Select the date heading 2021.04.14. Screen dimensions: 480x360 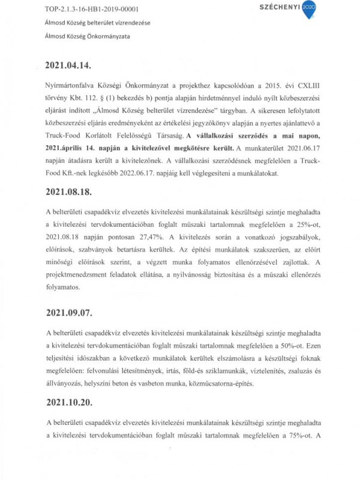tap(71, 64)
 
